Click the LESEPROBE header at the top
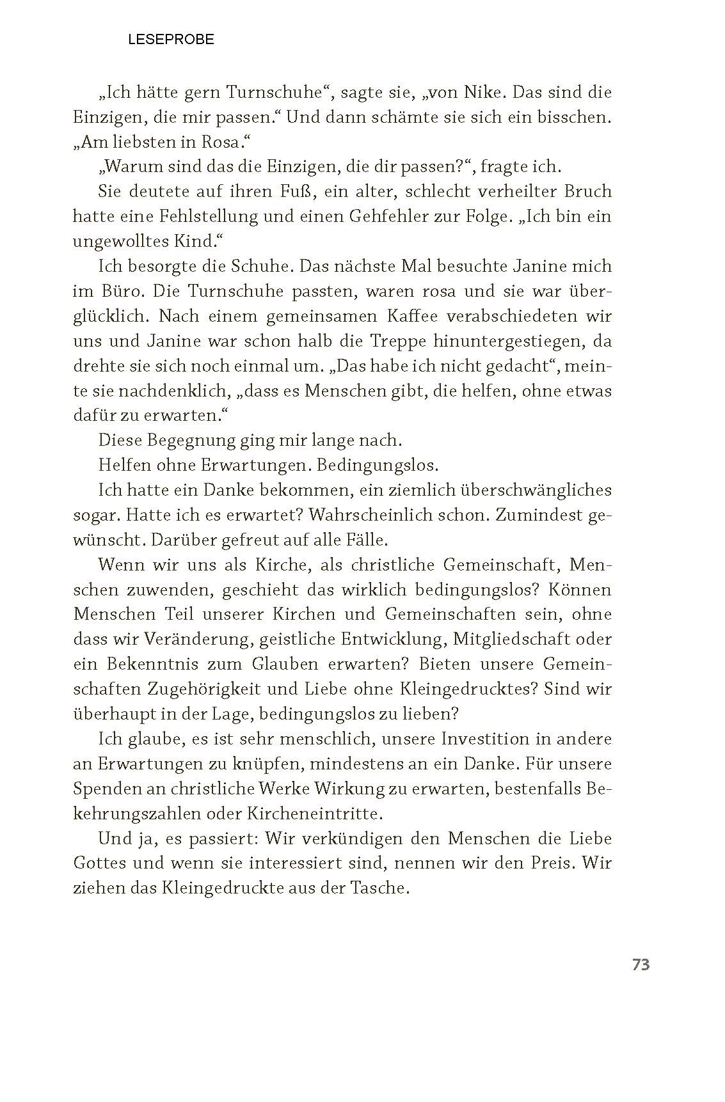pyautogui.click(x=171, y=40)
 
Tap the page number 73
pyautogui.click(x=641, y=965)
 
